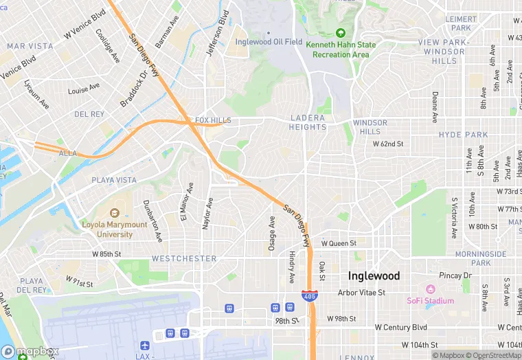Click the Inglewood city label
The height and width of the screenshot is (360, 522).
tap(374, 275)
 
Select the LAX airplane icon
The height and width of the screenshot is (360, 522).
tap(144, 345)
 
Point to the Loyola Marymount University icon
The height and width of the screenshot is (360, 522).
tap(115, 214)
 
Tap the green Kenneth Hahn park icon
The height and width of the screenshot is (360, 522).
tap(341, 33)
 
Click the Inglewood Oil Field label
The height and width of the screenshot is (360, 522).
tap(269, 42)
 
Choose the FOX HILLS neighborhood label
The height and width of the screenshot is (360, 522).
tap(213, 120)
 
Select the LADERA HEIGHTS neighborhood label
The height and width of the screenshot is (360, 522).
tap(307, 122)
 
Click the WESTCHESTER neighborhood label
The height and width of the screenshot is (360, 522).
tap(183, 259)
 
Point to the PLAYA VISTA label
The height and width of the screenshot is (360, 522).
tap(114, 180)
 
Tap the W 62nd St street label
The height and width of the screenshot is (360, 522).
tap(388, 144)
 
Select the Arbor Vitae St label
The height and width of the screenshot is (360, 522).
tap(362, 293)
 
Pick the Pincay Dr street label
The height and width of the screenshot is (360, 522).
tap(456, 275)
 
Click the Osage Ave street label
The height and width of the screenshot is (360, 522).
tap(272, 233)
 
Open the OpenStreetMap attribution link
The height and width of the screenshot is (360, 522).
tap(492, 355)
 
